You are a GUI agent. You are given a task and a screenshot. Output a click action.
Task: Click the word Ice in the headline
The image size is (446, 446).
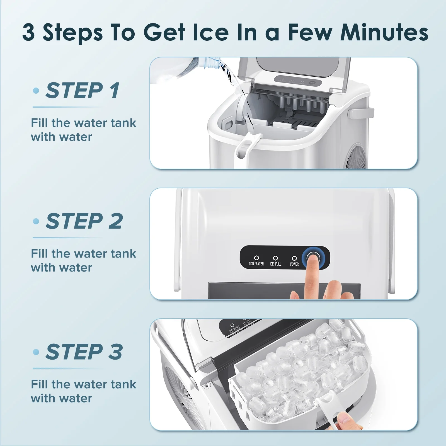(x=211, y=32)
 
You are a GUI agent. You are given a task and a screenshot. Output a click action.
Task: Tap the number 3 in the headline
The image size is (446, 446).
(x=29, y=32)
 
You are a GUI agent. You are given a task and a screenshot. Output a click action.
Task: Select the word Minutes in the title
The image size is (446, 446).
(x=384, y=32)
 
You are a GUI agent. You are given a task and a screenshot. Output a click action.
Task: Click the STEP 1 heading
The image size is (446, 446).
(x=83, y=90)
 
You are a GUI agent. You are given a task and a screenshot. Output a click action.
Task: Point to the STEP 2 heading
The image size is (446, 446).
(x=84, y=221)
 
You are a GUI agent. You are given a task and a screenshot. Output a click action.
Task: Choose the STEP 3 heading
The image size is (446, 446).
(x=84, y=352)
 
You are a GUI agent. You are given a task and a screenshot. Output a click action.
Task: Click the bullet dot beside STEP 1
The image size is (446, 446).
(x=36, y=91)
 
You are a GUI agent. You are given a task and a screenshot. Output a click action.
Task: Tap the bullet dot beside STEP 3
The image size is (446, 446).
(x=36, y=352)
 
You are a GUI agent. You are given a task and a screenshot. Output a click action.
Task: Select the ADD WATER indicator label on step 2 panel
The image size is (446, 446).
(x=256, y=264)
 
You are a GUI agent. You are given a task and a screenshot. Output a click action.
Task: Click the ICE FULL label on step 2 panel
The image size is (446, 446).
(x=275, y=264)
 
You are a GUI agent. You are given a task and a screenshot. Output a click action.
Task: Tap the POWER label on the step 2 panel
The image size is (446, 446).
(x=294, y=264)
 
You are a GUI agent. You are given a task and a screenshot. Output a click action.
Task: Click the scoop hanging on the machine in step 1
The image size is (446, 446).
(x=247, y=148)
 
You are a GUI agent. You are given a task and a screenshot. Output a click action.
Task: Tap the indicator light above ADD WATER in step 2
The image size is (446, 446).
(x=256, y=258)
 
